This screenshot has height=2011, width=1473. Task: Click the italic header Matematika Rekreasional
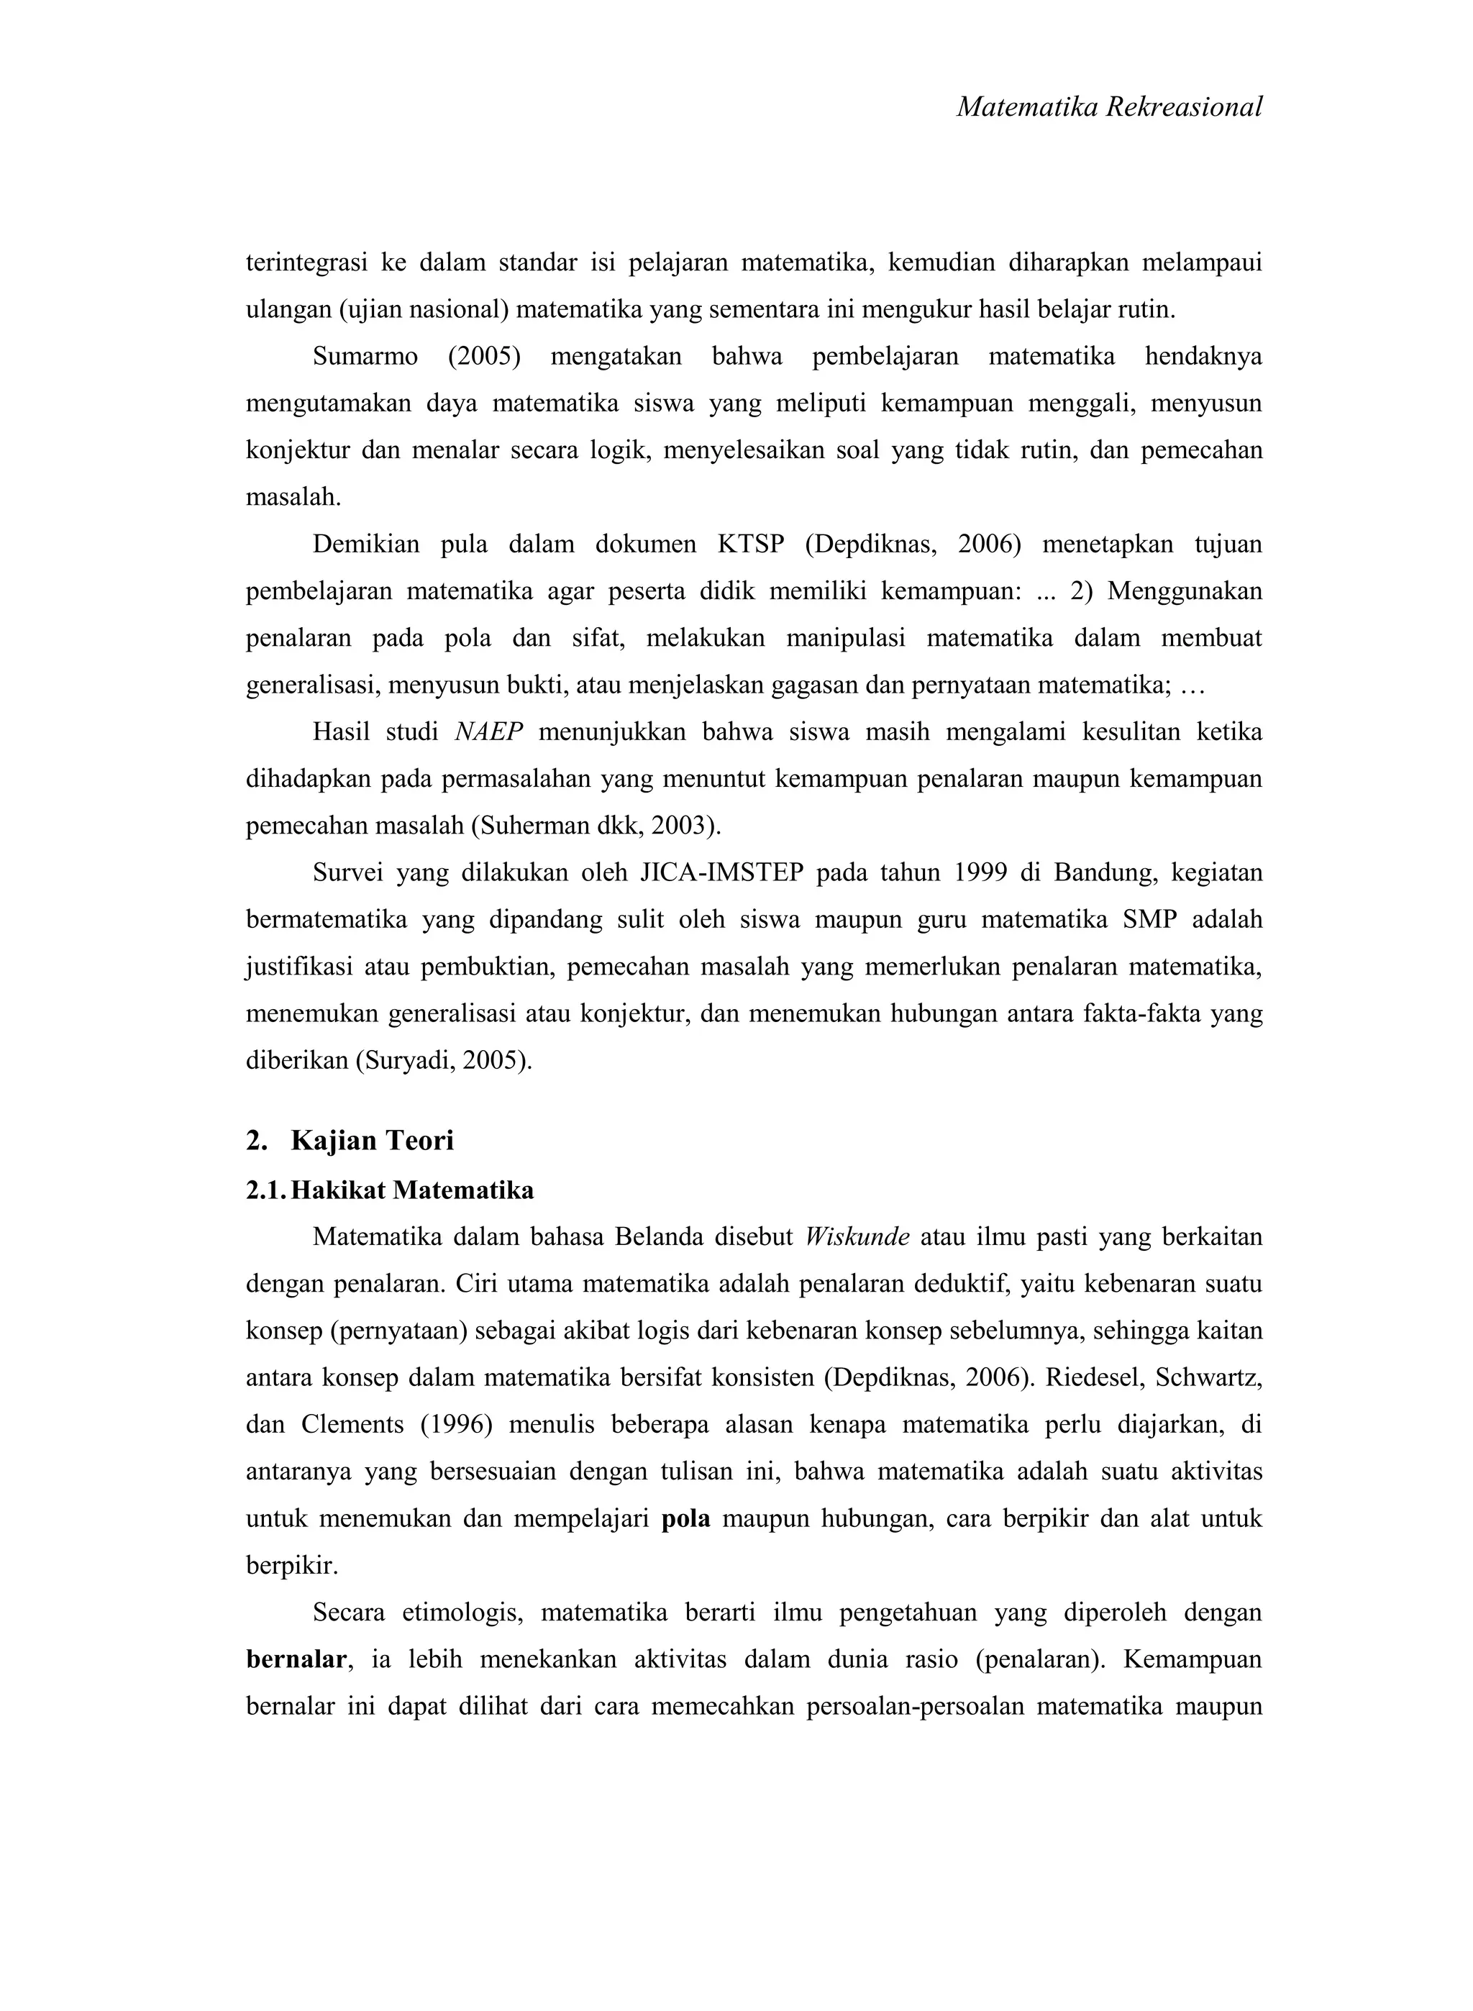click(1109, 108)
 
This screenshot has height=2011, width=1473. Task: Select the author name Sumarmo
click(365, 357)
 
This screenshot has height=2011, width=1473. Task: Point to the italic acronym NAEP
click(488, 733)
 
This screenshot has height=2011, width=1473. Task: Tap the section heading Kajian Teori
click(372, 1141)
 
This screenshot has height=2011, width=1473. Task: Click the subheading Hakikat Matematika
click(412, 1191)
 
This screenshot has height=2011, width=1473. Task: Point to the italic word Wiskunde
click(857, 1238)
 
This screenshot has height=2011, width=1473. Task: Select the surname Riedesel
click(1093, 1378)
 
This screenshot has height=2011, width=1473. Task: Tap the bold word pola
click(685, 1519)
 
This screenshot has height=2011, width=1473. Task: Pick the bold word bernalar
click(296, 1660)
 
